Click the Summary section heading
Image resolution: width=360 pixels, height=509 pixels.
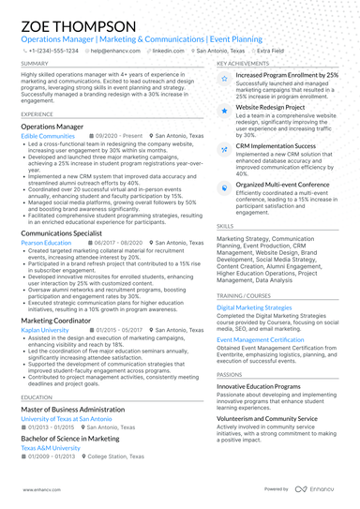point(34,63)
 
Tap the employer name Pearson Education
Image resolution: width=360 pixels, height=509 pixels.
point(46,242)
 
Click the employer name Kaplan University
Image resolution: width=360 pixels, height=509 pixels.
point(44,331)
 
